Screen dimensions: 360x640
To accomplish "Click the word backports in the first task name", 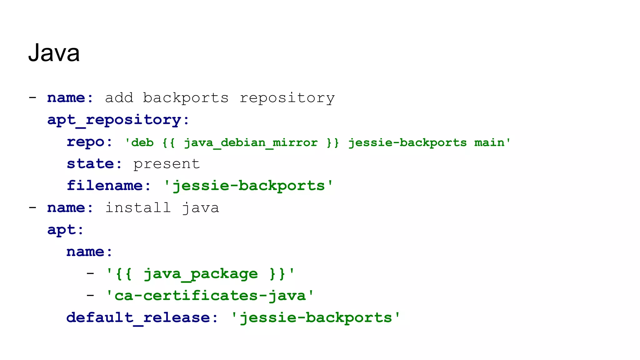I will [186, 98].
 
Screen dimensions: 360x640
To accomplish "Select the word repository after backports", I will [287, 98].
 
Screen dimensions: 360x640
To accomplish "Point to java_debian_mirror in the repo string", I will [250, 143].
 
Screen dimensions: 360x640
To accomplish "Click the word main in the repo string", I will [489, 143].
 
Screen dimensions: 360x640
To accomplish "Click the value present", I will [166, 164].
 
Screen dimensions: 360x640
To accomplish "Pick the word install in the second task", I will [138, 208].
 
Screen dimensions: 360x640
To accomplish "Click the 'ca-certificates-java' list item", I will [210, 296].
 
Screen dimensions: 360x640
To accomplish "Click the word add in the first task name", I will [119, 98].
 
